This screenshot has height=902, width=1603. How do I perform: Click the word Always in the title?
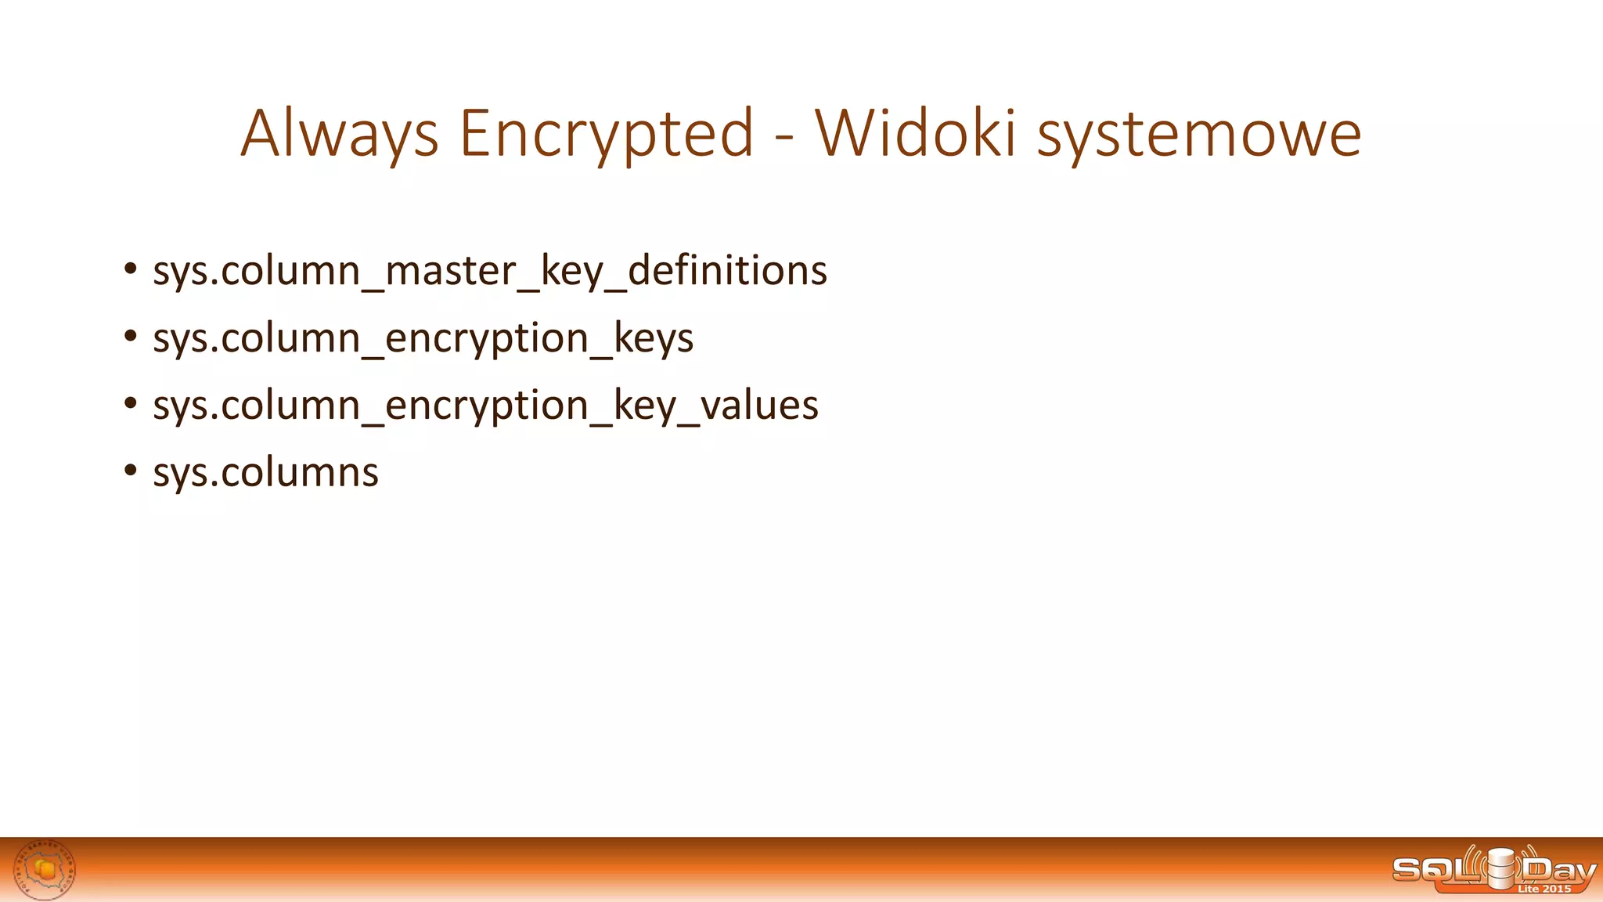[x=339, y=134]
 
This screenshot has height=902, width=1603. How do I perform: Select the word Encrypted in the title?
[x=607, y=134]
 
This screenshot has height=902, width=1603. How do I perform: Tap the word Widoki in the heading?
[x=915, y=132]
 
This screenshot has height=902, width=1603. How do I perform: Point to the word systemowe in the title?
[x=1199, y=134]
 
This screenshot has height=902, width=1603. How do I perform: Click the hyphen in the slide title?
[x=784, y=138]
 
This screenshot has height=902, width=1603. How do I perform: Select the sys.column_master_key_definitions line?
[x=489, y=271]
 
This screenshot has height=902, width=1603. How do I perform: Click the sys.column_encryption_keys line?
[x=423, y=338]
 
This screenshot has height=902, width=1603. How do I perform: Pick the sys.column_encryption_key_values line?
[x=485, y=406]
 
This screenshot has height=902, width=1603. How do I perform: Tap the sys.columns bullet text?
[x=265, y=473]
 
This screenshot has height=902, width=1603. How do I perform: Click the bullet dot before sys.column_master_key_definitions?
[x=130, y=269]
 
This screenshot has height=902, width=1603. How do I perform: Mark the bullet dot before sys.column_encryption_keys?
[x=130, y=336]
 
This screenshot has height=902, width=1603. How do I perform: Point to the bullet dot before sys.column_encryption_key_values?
[x=130, y=403]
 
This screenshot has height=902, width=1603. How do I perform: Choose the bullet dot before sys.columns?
[x=130, y=471]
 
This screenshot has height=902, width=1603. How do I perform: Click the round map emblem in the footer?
[x=45, y=869]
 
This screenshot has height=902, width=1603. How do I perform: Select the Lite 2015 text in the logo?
[x=1544, y=889]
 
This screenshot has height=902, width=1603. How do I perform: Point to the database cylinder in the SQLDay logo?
[x=1501, y=869]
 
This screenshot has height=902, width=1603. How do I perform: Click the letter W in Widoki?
[x=849, y=132]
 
